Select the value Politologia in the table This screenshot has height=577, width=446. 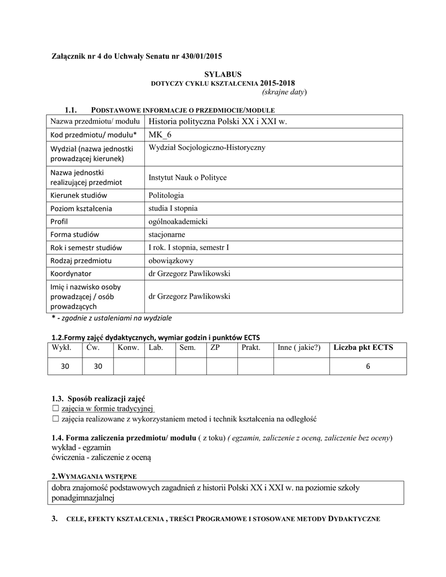tap(166, 196)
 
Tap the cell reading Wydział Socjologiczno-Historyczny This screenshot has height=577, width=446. tap(207, 148)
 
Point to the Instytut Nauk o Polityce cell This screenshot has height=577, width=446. tap(187, 177)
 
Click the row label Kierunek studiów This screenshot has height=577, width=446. tap(78, 196)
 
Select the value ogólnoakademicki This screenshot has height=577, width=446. tap(178, 221)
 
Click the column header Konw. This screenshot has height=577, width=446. tap(129, 348)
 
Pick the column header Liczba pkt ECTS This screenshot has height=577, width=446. tap(363, 348)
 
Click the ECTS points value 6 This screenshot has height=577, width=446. tap(368, 366)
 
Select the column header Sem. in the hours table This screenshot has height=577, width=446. tap(187, 348)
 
